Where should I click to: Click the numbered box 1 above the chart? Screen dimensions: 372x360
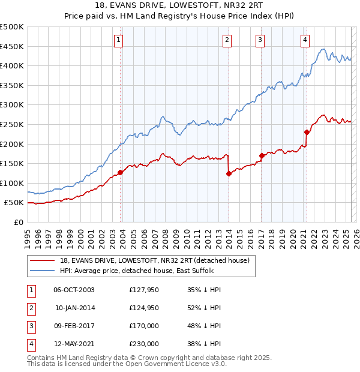[119, 40]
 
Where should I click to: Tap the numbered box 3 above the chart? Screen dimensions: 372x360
[260, 40]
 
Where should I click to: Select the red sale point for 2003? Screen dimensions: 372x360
[120, 172]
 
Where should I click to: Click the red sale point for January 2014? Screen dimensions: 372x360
[229, 173]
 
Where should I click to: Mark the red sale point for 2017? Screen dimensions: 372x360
[262, 155]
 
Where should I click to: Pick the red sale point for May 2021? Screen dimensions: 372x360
[307, 132]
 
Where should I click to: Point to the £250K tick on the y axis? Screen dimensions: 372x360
[12, 124]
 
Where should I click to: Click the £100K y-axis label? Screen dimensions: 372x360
[12, 183]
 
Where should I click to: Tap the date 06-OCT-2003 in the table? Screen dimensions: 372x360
[74, 290]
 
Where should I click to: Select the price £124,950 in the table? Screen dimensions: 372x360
[144, 308]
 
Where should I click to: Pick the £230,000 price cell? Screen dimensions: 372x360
[144, 344]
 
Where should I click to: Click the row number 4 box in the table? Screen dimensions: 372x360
[29, 344]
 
